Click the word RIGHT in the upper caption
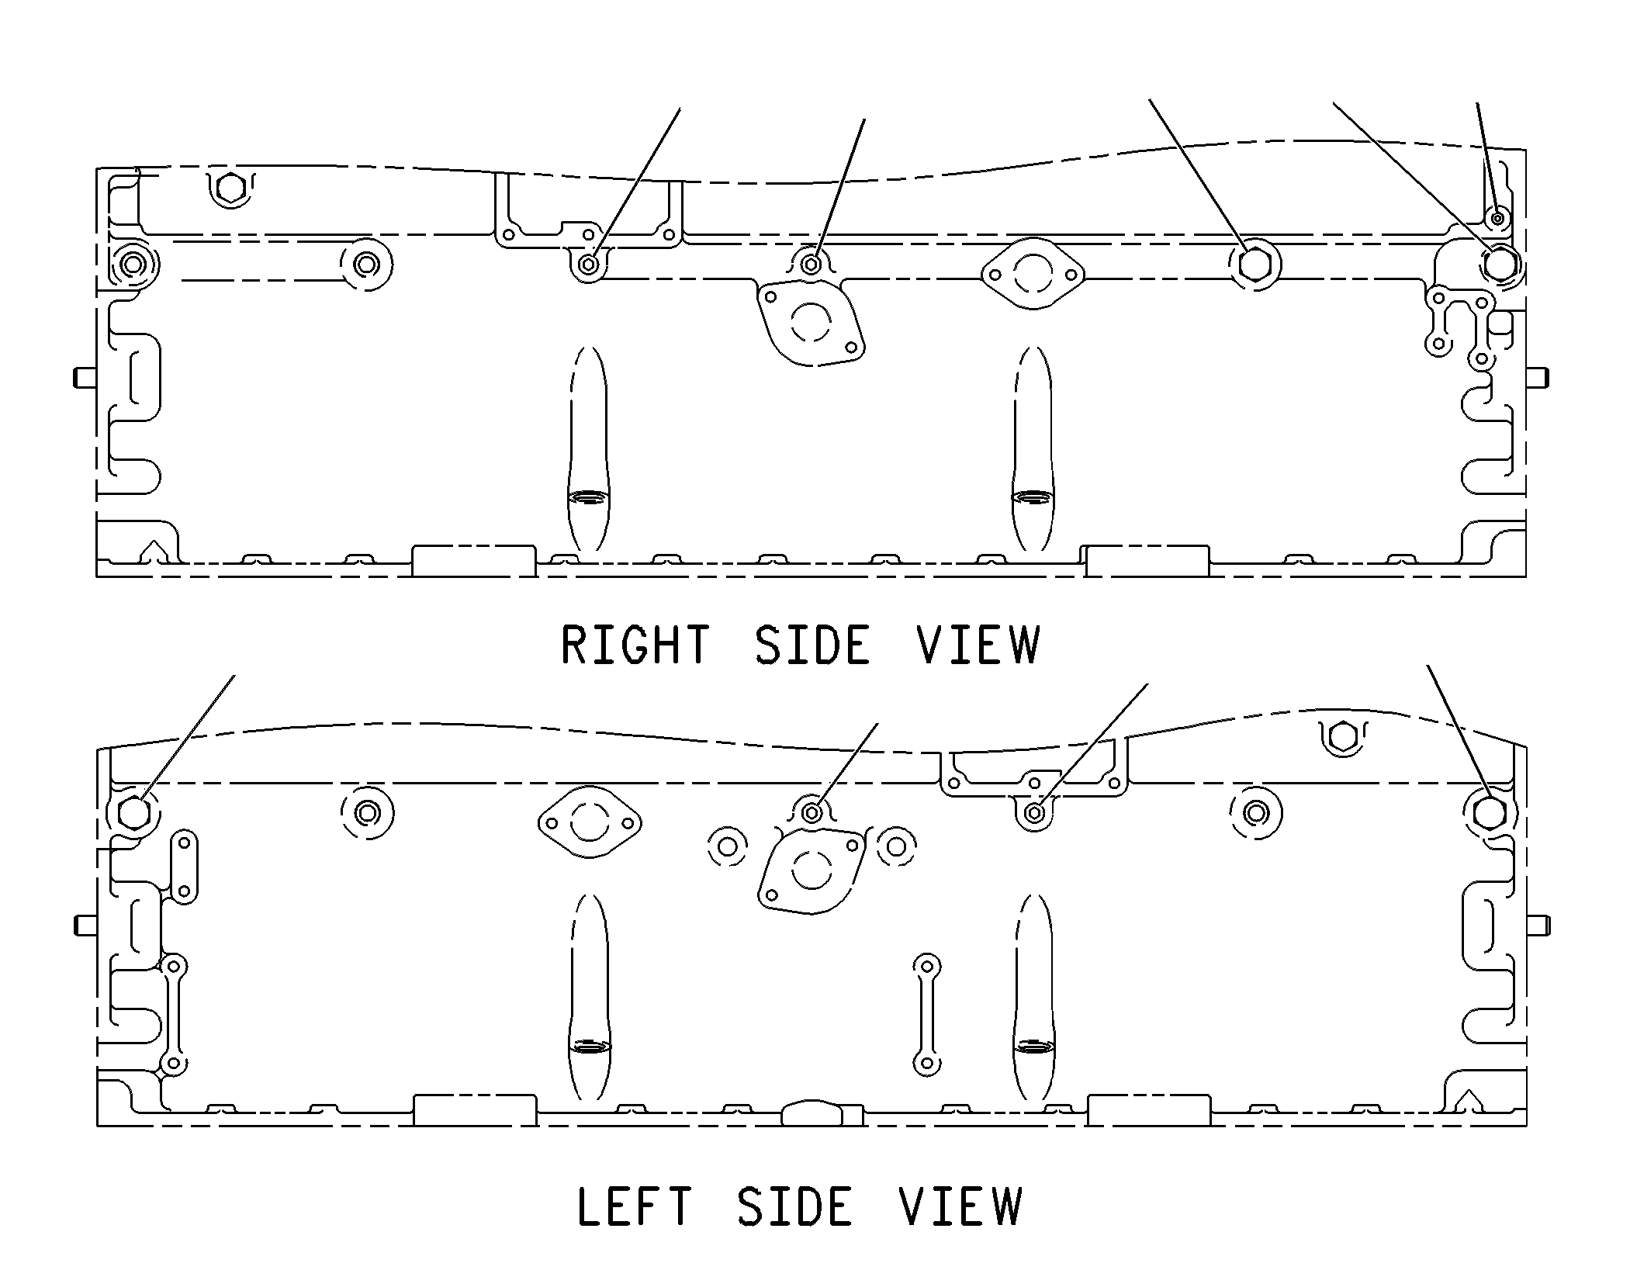(x=635, y=645)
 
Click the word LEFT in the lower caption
(x=634, y=1206)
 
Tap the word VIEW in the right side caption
(x=978, y=645)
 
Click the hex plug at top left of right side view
(x=230, y=187)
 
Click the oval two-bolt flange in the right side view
(x=1033, y=274)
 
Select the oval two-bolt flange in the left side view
(x=590, y=823)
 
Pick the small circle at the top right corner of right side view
(x=1497, y=219)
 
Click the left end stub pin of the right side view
(x=85, y=378)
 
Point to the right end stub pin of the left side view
(x=1538, y=926)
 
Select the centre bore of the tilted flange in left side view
(x=812, y=870)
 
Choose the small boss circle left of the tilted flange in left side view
(x=728, y=846)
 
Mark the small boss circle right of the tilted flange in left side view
(x=896, y=846)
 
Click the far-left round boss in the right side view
(x=133, y=265)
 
